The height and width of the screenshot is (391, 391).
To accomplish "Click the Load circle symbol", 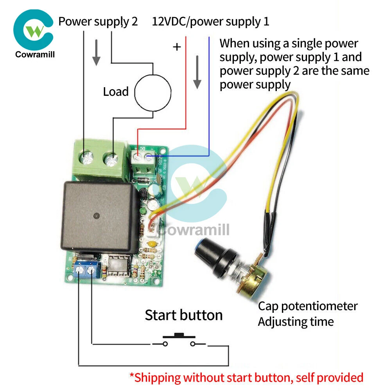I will [152, 93].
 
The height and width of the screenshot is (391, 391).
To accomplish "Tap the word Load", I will [116, 92].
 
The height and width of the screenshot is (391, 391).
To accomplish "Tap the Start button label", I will [183, 315].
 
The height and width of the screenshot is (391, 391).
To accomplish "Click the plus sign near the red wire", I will [177, 47].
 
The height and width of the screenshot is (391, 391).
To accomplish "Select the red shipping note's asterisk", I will [132, 377].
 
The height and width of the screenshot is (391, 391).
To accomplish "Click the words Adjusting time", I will [296, 322].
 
